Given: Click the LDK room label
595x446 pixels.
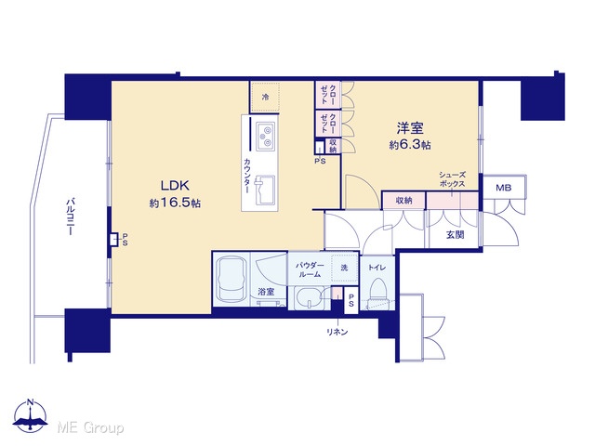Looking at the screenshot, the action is coord(175,186).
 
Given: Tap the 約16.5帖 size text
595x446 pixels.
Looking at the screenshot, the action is coord(175,203).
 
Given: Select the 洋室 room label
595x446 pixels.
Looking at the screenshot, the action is coord(410,128).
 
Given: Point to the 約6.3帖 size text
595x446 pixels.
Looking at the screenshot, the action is coord(410,145).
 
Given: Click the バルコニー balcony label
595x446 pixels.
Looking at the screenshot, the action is coord(70,216).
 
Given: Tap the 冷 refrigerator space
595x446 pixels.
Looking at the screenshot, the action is coord(265,97).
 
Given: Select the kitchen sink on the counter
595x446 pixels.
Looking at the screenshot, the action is coord(265,190).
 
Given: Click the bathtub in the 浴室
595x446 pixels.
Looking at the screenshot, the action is coord(231,281).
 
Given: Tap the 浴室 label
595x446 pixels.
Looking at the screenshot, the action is coord(266,292).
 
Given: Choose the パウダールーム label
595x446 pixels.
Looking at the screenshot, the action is coord(310,269).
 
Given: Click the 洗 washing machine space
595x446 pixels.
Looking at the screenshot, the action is coord(344,268).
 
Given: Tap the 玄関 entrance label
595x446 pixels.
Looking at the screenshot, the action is coord(455,235).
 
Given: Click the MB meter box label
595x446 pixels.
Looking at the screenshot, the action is coord(504,188).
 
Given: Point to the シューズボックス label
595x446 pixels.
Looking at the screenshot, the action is coord(452,179).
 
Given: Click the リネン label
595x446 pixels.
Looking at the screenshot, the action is coord(337,332).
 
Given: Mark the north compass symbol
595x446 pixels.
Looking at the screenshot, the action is coord(31,415).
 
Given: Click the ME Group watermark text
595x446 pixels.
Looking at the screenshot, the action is coord(90,427).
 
